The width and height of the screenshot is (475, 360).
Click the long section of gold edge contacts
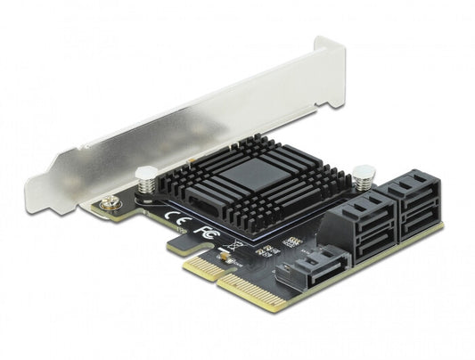click(253, 290)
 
